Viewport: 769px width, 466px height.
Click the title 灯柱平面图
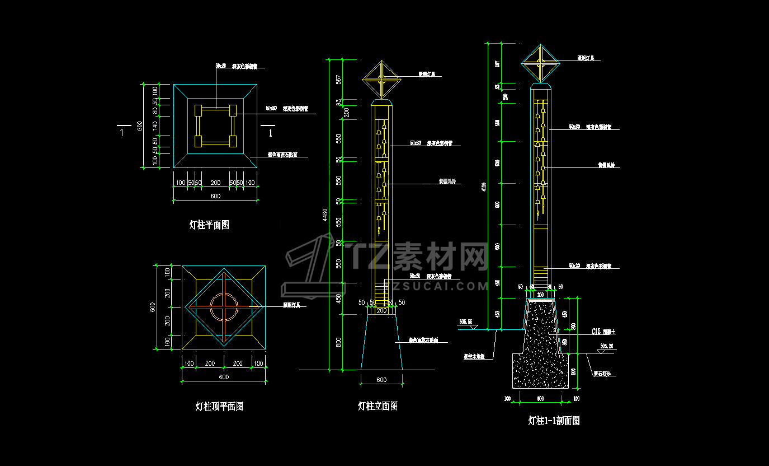[x=209, y=225]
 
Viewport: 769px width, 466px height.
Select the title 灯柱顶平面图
[x=219, y=407]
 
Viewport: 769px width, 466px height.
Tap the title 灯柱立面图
[x=378, y=406]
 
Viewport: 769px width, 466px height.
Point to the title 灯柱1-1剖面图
[x=554, y=421]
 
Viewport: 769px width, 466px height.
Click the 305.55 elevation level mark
[x=465, y=322]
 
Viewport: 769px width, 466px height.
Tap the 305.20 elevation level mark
[x=606, y=347]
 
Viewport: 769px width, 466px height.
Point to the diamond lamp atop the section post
[x=540, y=63]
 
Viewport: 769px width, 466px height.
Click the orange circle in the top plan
[x=224, y=307]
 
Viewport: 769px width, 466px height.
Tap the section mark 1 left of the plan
[x=122, y=133]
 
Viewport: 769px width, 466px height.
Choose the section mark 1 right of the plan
[x=271, y=133]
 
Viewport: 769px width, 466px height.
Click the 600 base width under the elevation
[x=381, y=380]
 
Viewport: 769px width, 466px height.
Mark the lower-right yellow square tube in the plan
[x=233, y=141]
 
